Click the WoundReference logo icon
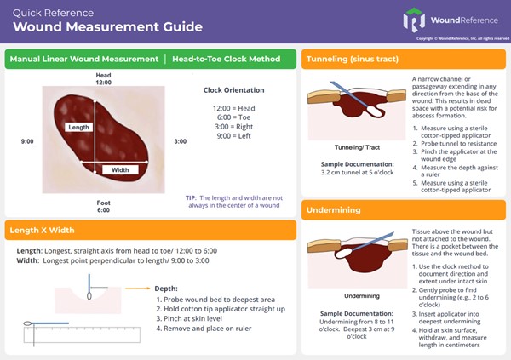(415, 20)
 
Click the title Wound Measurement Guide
(106, 26)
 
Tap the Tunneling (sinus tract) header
(351, 60)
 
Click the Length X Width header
(42, 230)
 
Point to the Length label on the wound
(78, 126)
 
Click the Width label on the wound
(119, 169)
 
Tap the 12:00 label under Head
(103, 83)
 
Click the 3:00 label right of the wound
(180, 141)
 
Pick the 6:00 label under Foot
(103, 210)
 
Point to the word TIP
(191, 197)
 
